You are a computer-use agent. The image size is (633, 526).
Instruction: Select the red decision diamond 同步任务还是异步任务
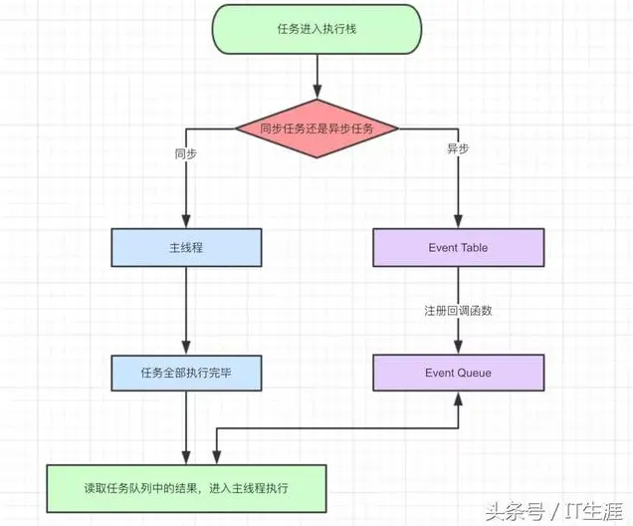click(x=316, y=129)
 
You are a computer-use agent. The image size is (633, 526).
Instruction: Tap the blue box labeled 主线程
click(x=186, y=247)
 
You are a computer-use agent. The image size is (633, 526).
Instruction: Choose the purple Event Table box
click(x=458, y=247)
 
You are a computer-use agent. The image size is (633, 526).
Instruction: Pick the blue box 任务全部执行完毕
click(x=186, y=373)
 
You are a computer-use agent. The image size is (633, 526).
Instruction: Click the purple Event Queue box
click(x=458, y=373)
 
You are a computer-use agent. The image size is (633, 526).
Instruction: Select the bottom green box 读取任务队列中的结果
click(x=186, y=487)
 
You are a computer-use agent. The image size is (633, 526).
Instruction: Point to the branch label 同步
click(x=186, y=155)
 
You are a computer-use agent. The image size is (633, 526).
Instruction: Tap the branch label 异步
click(x=458, y=148)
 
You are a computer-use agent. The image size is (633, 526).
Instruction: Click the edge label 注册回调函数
click(x=458, y=310)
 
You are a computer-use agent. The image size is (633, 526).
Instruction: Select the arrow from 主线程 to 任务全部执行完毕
click(x=186, y=310)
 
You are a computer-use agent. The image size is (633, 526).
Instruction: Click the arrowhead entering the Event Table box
click(x=458, y=223)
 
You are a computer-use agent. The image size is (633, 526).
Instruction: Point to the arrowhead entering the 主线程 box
click(x=186, y=223)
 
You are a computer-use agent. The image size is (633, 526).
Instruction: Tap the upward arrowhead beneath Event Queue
click(x=458, y=396)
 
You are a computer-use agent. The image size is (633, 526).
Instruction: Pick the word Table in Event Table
click(x=473, y=247)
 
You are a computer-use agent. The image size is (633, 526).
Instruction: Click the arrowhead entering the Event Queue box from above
click(x=458, y=349)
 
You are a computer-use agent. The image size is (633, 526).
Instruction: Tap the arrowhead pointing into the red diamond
click(x=316, y=97)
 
